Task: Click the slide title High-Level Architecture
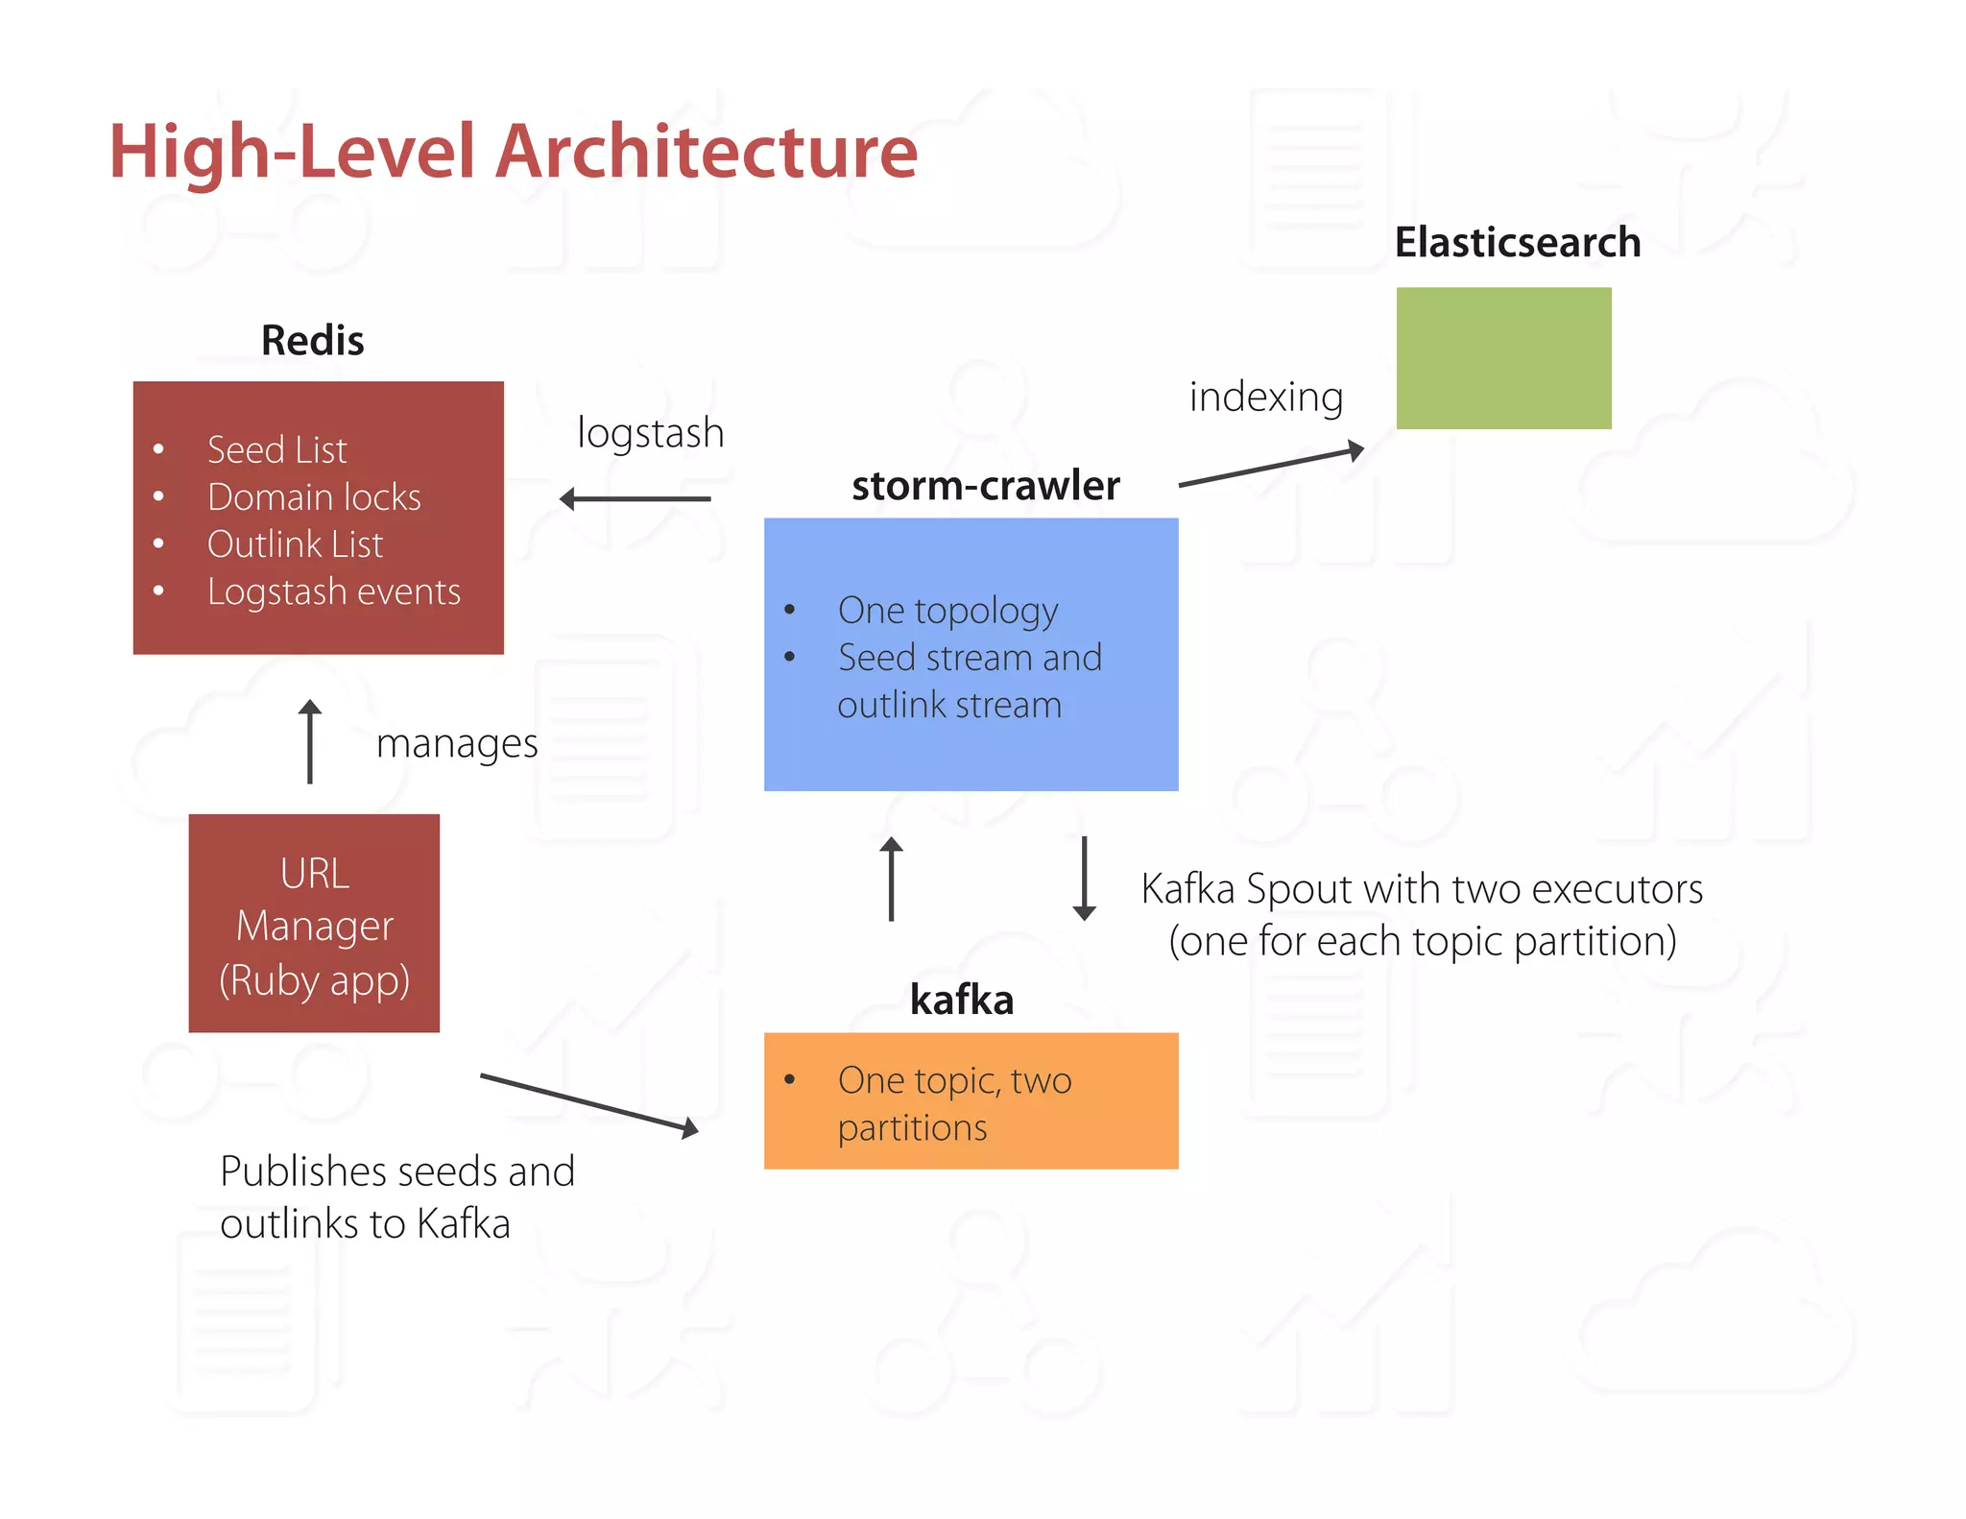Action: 513,152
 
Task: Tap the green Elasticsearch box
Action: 1503,358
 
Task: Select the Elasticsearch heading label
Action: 1517,243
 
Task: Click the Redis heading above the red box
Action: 312,341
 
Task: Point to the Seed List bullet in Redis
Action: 276,450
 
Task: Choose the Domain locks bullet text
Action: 314,497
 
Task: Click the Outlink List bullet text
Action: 295,544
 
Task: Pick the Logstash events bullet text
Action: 334,591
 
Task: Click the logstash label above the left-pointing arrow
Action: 650,433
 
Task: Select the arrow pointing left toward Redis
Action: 635,499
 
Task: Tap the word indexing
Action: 1265,398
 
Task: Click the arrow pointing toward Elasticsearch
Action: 1271,467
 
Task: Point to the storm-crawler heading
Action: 986,486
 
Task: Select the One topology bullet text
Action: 947,611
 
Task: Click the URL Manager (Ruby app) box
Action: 314,924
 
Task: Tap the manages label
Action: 457,744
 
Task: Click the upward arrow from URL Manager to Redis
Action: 309,742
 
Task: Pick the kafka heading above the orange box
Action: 962,1001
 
